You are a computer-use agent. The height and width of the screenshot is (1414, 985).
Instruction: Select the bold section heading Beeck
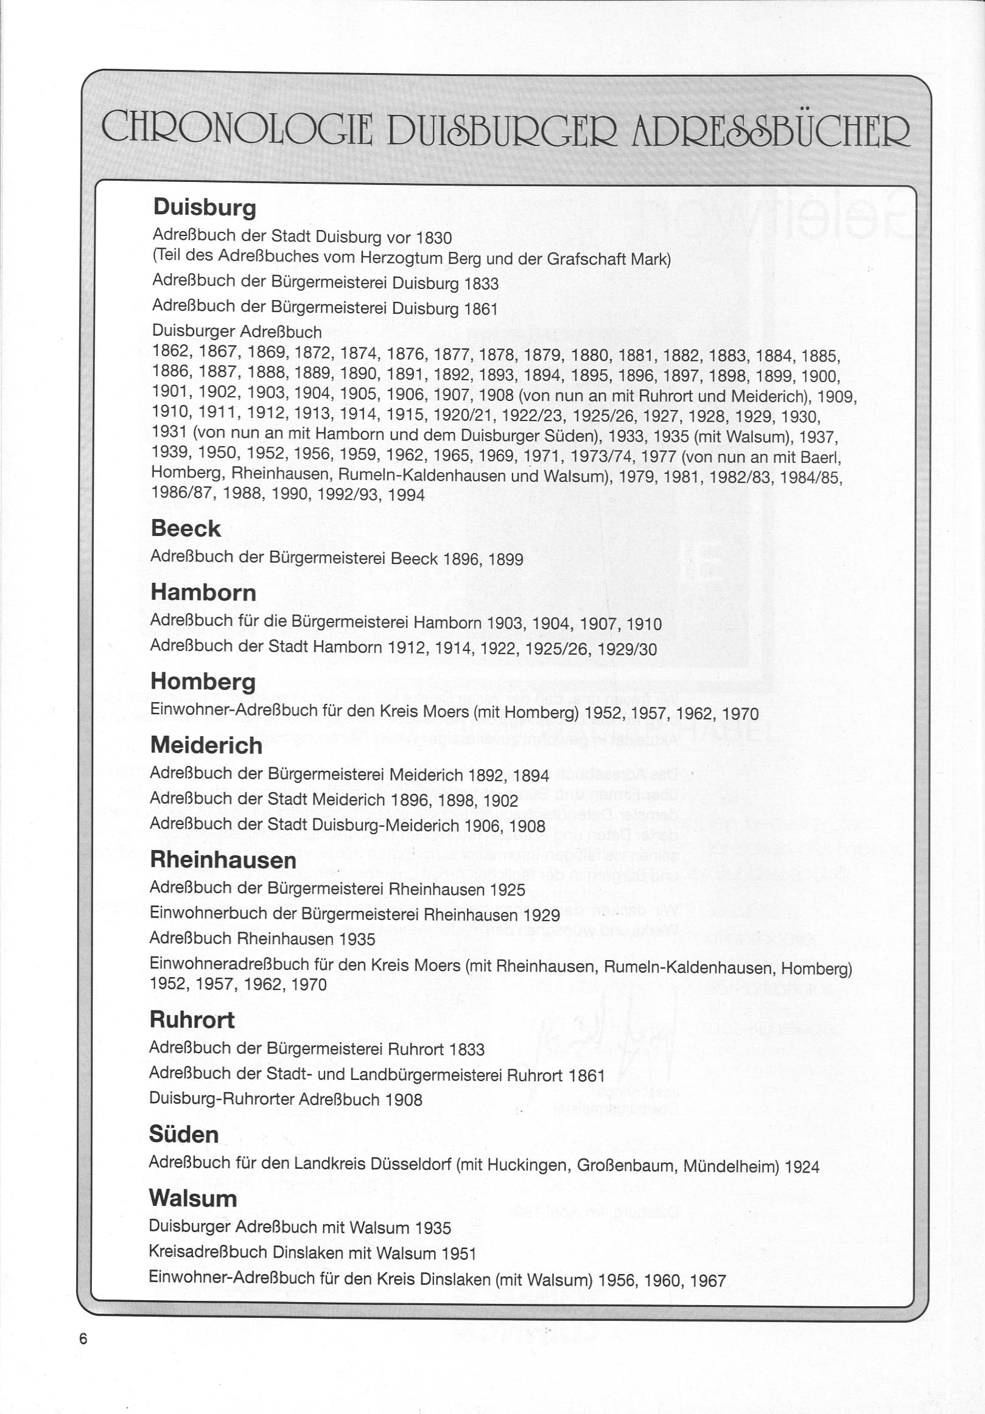pyautogui.click(x=186, y=529)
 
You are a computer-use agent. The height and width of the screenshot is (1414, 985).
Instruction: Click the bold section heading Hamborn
pyautogui.click(x=203, y=593)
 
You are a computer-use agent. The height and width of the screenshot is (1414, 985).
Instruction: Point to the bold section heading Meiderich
pyautogui.click(x=206, y=746)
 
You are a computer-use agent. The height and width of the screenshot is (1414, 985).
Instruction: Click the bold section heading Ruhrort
pyautogui.click(x=192, y=1020)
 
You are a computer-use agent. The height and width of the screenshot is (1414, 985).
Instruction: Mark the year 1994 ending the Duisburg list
pyautogui.click(x=407, y=495)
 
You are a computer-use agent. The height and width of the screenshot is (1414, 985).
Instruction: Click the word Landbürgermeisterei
pyautogui.click(x=427, y=1074)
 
